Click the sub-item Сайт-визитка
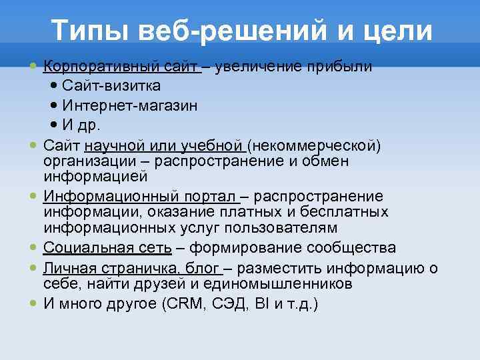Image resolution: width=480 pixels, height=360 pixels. tap(111, 86)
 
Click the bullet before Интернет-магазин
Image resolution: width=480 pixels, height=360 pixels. tap(54, 106)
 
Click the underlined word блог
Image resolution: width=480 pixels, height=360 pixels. tap(204, 269)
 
